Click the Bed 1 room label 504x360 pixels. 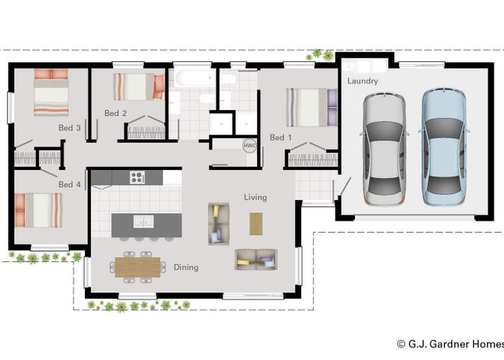[x=281, y=138]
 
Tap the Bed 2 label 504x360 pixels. [x=115, y=113]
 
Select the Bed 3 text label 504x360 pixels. [x=69, y=127]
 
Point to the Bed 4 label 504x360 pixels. [x=69, y=184]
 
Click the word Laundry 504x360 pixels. [x=362, y=81]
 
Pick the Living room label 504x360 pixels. [x=255, y=197]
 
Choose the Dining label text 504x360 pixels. [x=186, y=267]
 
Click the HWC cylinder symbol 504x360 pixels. [x=249, y=145]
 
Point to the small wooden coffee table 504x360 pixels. [x=257, y=223]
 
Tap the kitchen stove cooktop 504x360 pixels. [x=138, y=176]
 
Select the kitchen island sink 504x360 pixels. [x=146, y=221]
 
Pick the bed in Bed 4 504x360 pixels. [x=39, y=210]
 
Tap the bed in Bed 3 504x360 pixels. [x=50, y=91]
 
